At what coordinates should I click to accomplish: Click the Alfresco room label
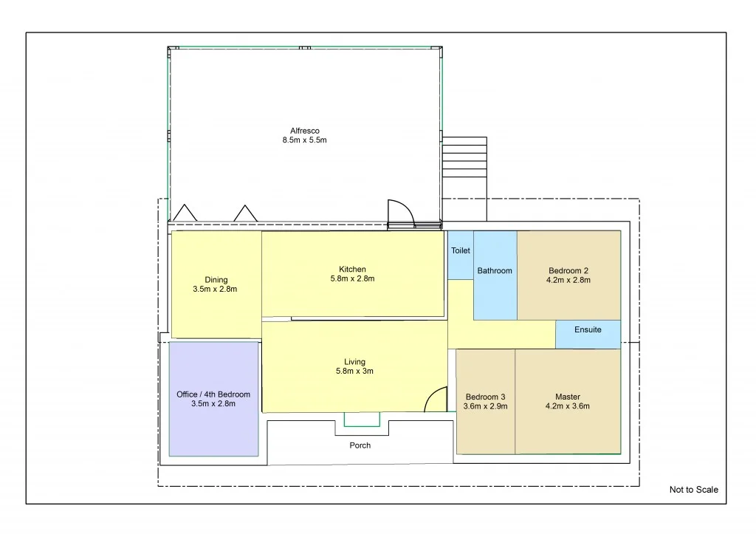pos(305,131)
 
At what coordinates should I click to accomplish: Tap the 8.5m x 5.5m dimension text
pos(305,140)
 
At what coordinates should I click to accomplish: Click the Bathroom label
pos(495,271)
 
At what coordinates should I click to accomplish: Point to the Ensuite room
pos(588,329)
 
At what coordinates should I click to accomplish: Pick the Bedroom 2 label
pos(568,270)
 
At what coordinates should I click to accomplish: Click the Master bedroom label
pos(568,396)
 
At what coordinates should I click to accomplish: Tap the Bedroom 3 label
pos(485,397)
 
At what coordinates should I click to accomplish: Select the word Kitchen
pos(353,269)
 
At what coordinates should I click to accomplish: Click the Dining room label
pos(216,280)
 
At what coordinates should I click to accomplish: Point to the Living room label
pos(354,362)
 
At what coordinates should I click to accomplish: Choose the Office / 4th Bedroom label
pos(213,394)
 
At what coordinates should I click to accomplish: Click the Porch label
pos(360,445)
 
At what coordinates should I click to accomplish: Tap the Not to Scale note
pos(693,490)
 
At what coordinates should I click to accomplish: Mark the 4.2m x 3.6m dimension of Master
pos(568,405)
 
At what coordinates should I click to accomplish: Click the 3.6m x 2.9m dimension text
pos(485,406)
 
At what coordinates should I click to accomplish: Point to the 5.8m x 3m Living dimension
pos(354,372)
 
